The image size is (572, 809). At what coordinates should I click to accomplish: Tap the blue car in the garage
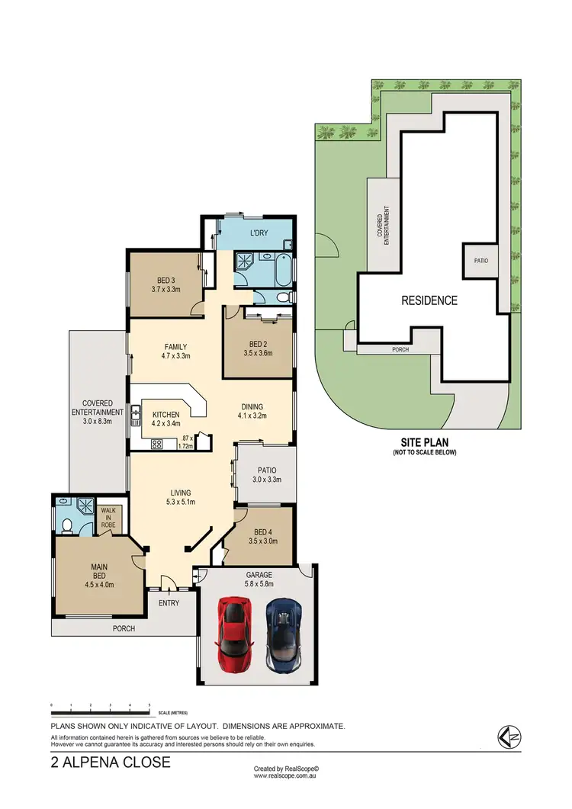[282, 632]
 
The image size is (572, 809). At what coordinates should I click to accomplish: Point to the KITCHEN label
[165, 415]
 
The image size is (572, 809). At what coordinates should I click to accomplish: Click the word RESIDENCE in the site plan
[429, 300]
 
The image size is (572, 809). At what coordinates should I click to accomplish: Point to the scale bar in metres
[100, 710]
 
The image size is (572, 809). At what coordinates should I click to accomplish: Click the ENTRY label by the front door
[169, 603]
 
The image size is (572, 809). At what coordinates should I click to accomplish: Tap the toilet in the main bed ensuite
[67, 525]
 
